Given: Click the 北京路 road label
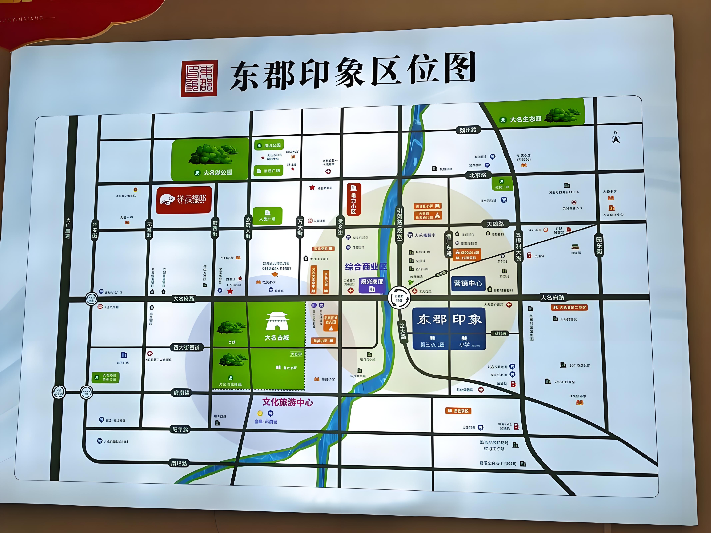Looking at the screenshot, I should (477, 175).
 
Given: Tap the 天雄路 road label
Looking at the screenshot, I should (495, 224).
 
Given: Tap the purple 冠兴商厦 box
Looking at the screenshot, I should (372, 285).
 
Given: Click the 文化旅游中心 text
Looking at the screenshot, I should (288, 402).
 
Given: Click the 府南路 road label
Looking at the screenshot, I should (182, 393).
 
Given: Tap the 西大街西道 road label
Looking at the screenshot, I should (186, 347).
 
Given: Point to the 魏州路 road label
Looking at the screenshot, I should (468, 130).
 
